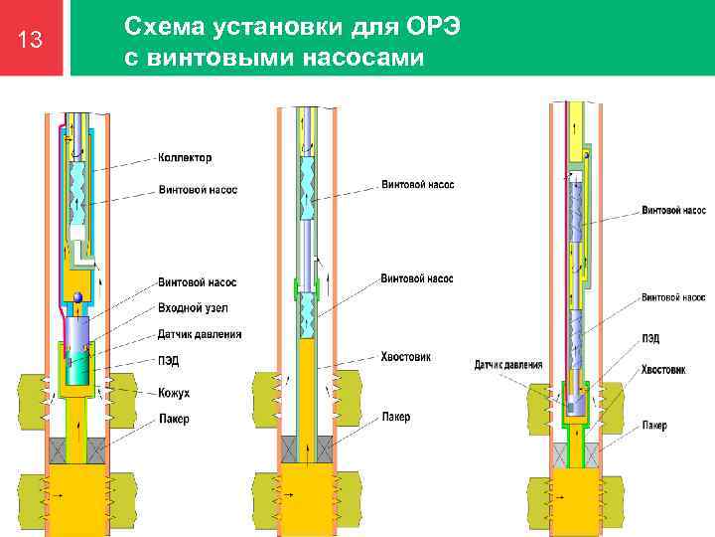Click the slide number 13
[31, 41]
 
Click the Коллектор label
[185, 157]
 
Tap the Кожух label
[174, 393]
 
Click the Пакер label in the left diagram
[174, 419]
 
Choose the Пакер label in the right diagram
[653, 425]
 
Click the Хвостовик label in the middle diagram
[405, 356]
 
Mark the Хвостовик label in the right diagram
[662, 369]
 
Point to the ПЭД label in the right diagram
[651, 339]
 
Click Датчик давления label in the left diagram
[200, 334]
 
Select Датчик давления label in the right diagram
[508, 365]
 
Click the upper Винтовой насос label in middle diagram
[417, 185]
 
